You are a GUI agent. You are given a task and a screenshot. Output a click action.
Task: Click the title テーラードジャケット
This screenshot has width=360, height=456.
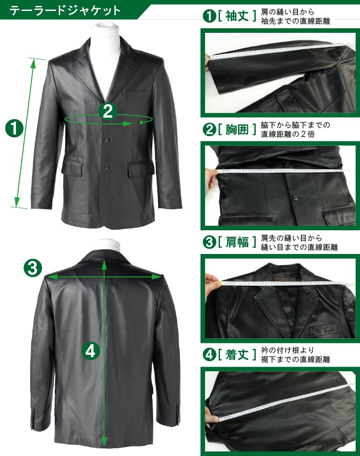(x=65, y=11)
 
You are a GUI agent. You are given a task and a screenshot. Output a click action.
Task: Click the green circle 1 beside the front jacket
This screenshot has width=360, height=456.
(x=14, y=129)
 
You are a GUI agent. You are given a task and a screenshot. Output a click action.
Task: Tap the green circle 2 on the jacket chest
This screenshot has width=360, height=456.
(x=108, y=111)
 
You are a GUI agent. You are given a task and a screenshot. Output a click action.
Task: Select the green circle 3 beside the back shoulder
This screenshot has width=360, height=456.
(x=32, y=268)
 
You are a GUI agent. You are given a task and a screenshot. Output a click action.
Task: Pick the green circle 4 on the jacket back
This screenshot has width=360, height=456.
(x=91, y=351)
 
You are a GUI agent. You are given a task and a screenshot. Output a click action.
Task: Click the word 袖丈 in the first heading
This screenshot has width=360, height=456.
(x=237, y=16)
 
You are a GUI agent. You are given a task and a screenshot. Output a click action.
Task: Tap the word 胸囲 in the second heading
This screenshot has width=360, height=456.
(x=237, y=129)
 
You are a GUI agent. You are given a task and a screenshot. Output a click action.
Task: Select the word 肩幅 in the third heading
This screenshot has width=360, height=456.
(x=237, y=242)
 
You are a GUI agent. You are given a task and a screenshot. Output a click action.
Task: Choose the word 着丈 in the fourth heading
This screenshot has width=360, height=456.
(x=237, y=354)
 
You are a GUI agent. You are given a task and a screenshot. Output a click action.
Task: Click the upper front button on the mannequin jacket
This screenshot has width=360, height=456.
(x=107, y=140)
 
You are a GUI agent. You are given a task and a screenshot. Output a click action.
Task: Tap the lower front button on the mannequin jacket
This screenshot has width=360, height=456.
(x=106, y=168)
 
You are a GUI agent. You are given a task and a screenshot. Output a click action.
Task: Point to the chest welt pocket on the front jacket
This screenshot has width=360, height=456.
(x=134, y=94)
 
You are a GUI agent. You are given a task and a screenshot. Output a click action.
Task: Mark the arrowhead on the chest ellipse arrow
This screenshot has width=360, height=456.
(x=128, y=124)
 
